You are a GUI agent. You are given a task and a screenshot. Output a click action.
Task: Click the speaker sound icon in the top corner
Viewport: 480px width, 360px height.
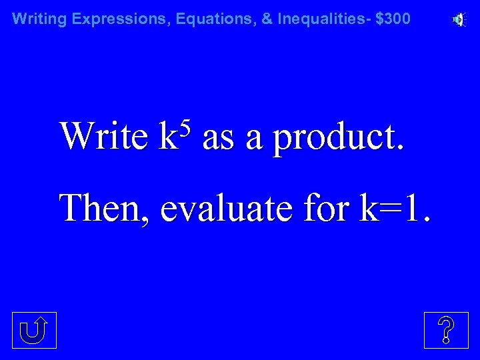tap(459, 20)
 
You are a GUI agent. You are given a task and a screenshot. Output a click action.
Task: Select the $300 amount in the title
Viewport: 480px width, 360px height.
tap(393, 19)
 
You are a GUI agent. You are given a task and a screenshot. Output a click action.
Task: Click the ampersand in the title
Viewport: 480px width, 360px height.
tap(267, 19)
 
